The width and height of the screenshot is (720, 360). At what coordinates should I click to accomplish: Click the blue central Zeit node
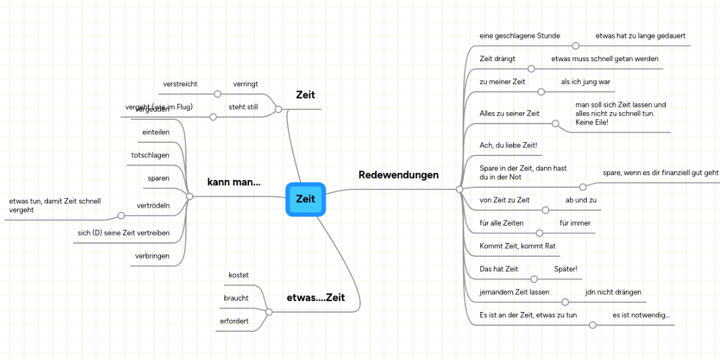pos(305,199)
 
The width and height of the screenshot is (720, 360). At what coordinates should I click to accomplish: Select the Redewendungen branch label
pos(398,175)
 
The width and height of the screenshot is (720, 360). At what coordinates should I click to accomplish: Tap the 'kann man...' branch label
pos(234,182)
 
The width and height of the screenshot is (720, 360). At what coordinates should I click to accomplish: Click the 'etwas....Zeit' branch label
pos(316,298)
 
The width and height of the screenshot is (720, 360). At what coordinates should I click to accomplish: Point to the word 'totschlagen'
pos(150,155)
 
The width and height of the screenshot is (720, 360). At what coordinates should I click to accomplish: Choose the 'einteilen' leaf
pos(155,132)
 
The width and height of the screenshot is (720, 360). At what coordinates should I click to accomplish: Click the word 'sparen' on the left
pos(158,178)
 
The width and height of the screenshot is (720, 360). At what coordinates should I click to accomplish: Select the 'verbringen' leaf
pos(152,256)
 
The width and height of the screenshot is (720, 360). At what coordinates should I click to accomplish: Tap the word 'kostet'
pos(238,275)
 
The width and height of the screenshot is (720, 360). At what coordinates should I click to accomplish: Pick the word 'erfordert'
pos(234,322)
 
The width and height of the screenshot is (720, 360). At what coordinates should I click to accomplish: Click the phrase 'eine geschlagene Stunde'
pos(520,36)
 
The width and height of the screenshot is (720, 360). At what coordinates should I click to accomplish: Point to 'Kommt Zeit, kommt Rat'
pos(517,246)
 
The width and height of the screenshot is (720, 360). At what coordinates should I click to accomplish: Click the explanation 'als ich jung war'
pos(585,82)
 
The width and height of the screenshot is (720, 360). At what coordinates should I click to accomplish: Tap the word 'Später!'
pos(565,269)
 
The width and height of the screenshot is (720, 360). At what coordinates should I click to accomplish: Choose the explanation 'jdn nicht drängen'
pos(613,292)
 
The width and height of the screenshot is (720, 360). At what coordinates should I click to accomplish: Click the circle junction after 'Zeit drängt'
pos(531,68)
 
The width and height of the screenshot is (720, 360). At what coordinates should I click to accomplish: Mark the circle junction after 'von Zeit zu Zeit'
pos(545,210)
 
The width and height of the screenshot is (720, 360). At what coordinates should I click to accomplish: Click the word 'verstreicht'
pos(180,84)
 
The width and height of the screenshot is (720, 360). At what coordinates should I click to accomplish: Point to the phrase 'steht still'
pos(243,107)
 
